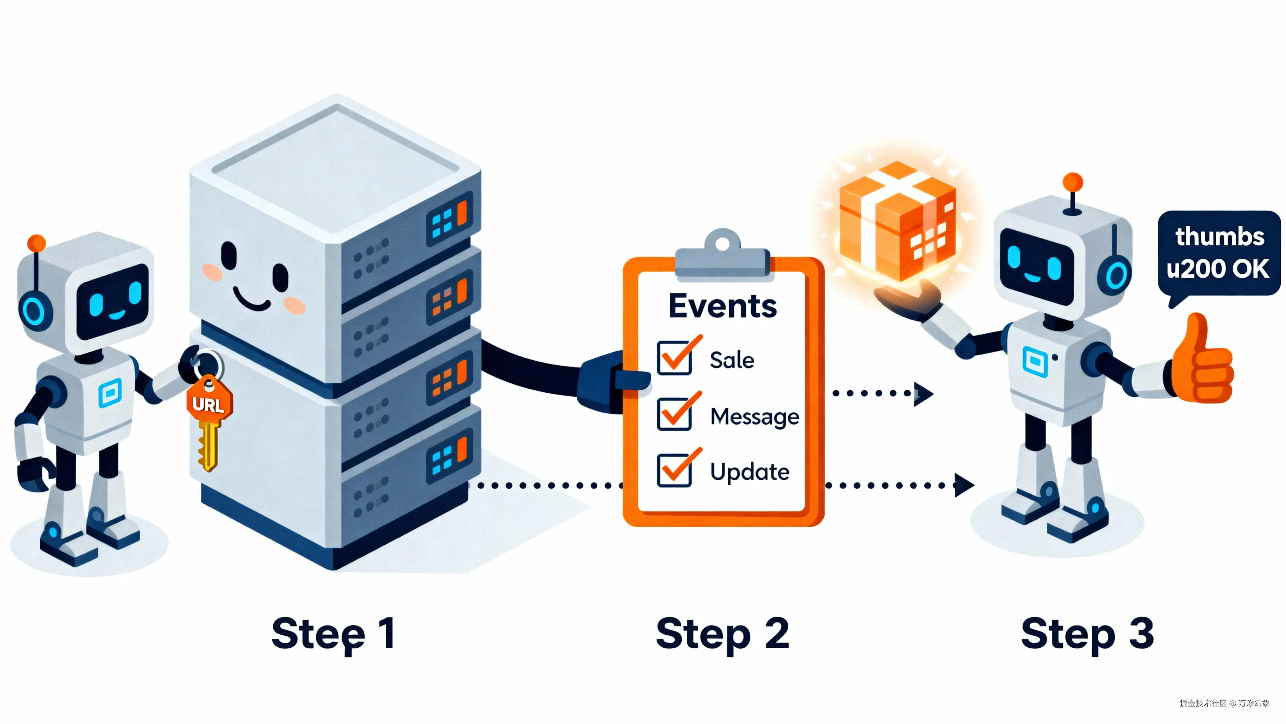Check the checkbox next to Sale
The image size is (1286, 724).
coord(674,358)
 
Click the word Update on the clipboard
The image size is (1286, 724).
coord(749,472)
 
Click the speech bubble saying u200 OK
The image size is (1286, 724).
coord(1218,254)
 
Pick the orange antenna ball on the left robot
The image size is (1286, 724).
coord(36,243)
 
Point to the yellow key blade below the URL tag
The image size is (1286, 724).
coord(208,444)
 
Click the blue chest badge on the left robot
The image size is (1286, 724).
coord(110,393)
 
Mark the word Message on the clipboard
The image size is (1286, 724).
coord(754,416)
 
